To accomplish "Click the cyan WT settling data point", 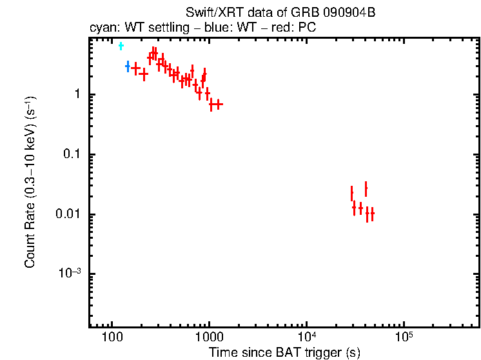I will (x=121, y=46).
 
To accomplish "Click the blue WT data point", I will (x=128, y=66).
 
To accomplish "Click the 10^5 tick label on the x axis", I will (x=404, y=338).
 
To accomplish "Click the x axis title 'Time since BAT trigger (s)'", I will (x=284, y=352).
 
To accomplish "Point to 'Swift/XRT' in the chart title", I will (x=210, y=13).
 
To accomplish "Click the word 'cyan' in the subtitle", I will (x=101, y=29).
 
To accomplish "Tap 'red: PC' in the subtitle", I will (x=296, y=29).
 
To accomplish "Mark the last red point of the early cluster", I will (x=219, y=104).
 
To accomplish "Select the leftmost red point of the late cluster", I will (x=351, y=193).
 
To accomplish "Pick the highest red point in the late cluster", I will (x=366, y=189).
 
